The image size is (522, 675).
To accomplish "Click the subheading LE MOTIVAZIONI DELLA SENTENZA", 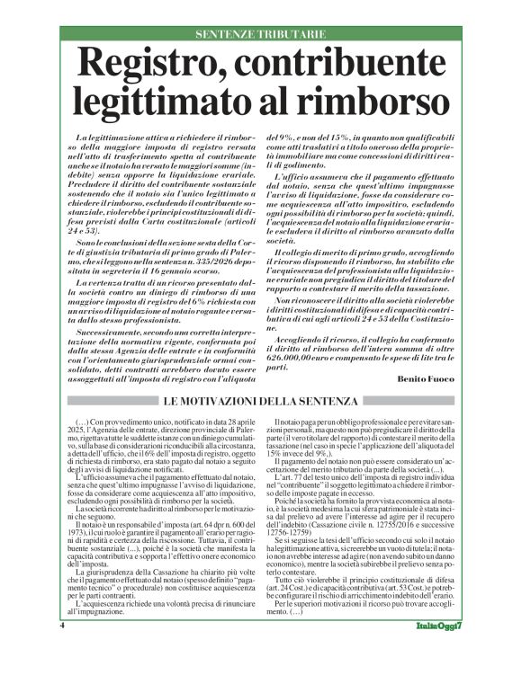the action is tap(261, 400).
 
